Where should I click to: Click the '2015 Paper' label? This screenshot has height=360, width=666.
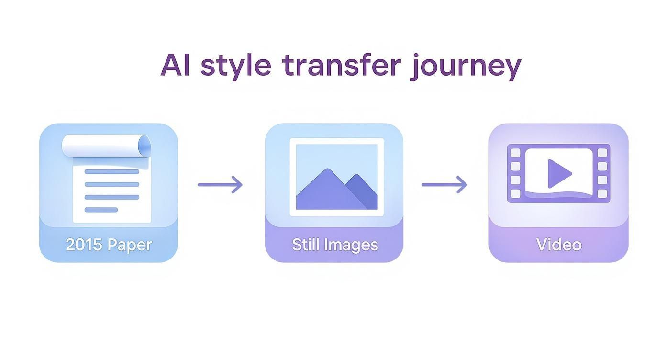(x=109, y=245)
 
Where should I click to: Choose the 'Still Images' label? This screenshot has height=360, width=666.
(x=335, y=245)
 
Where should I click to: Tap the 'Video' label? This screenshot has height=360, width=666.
(x=559, y=245)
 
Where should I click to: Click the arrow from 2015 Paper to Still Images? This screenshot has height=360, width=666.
(x=220, y=185)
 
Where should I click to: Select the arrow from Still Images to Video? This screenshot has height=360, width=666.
(x=444, y=185)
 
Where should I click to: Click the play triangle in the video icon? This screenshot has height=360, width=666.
(x=558, y=174)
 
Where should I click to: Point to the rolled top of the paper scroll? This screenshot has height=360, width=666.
(x=106, y=146)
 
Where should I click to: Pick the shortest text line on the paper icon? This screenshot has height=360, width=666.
(x=101, y=210)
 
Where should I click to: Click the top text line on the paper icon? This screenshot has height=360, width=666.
(x=112, y=172)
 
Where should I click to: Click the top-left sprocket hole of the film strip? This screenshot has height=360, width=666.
(x=515, y=153)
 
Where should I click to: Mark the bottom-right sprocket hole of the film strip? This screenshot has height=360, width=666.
(x=602, y=194)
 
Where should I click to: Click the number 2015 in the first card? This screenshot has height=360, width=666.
(x=84, y=245)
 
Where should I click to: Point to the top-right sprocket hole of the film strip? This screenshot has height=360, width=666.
(x=602, y=153)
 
